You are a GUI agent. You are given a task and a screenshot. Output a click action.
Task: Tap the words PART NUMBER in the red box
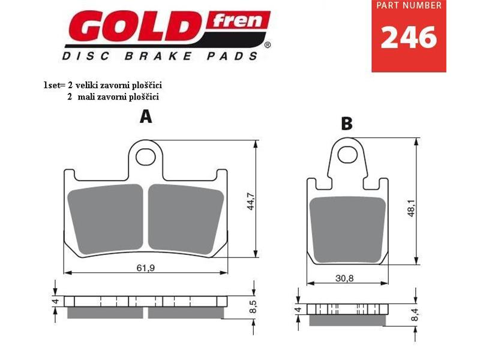click(409, 5)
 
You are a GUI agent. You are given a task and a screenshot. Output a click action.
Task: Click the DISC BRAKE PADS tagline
click(160, 56)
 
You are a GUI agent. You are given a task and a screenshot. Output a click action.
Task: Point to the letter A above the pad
click(146, 116)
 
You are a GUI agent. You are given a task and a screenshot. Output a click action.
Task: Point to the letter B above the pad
click(346, 124)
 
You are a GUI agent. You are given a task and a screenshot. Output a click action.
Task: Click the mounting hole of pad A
click(145, 157)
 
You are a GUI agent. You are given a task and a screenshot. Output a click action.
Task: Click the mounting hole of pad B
click(346, 154)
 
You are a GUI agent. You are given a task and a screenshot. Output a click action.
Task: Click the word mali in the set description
click(86, 96)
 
